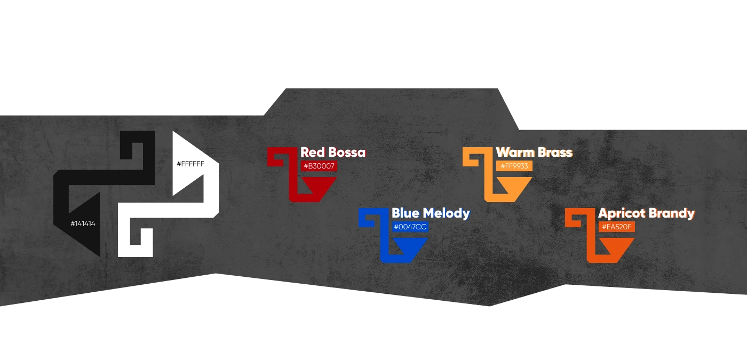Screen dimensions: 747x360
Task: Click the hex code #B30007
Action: click(x=319, y=166)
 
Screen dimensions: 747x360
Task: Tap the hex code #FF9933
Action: click(x=514, y=166)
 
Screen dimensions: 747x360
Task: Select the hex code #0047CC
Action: click(x=410, y=227)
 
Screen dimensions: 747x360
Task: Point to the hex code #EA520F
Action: click(x=617, y=227)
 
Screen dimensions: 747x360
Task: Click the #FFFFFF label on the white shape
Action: click(x=190, y=164)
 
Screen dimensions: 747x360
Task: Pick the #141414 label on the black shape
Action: click(x=83, y=223)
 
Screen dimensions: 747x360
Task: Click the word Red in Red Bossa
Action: click(x=313, y=153)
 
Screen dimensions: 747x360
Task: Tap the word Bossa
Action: click(x=347, y=153)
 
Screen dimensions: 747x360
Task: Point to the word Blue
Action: click(x=406, y=213)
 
